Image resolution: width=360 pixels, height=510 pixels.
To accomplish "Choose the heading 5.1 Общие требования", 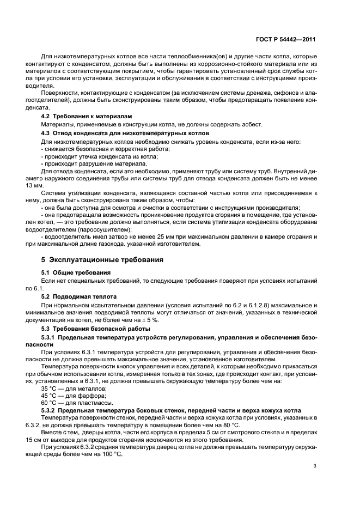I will (76, 272).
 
